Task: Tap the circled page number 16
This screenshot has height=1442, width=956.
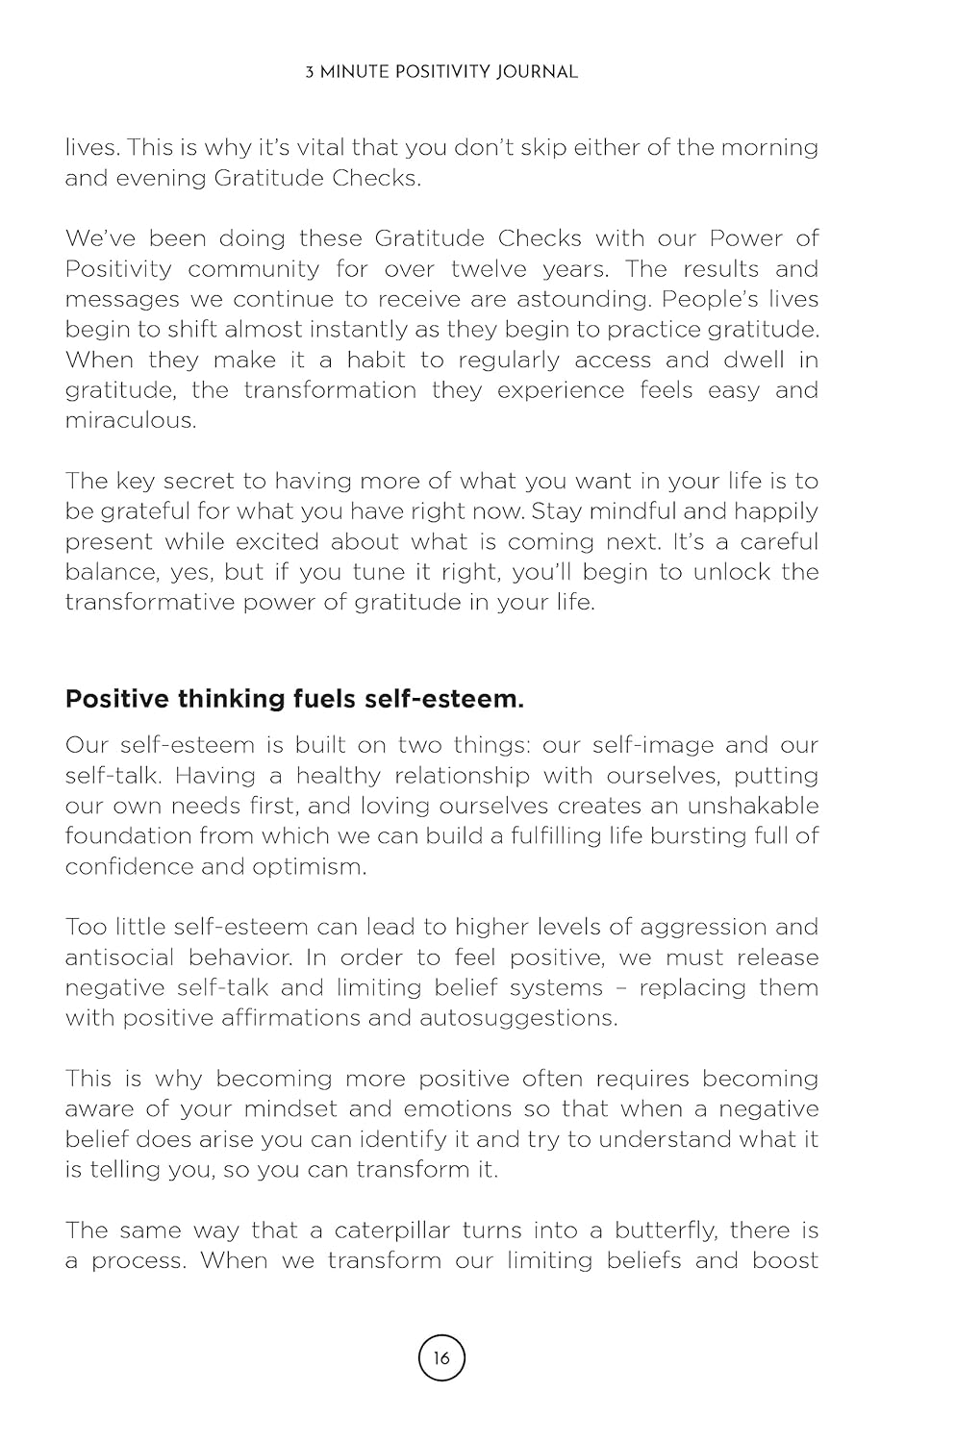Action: tap(441, 1358)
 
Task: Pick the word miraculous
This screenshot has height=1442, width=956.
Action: tap(130, 420)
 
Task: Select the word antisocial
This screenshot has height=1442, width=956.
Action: tap(120, 957)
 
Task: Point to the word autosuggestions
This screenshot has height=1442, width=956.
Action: tap(518, 1018)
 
